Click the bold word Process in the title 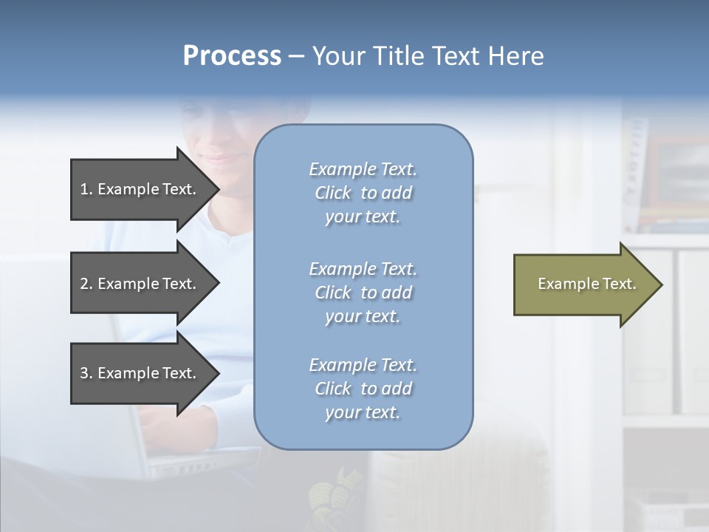click(x=232, y=56)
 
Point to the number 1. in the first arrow click(x=86, y=189)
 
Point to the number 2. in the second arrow click(x=86, y=284)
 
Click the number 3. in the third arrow click(x=86, y=373)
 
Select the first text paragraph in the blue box click(x=363, y=193)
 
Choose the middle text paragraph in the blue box click(x=363, y=293)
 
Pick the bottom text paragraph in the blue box click(x=363, y=389)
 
